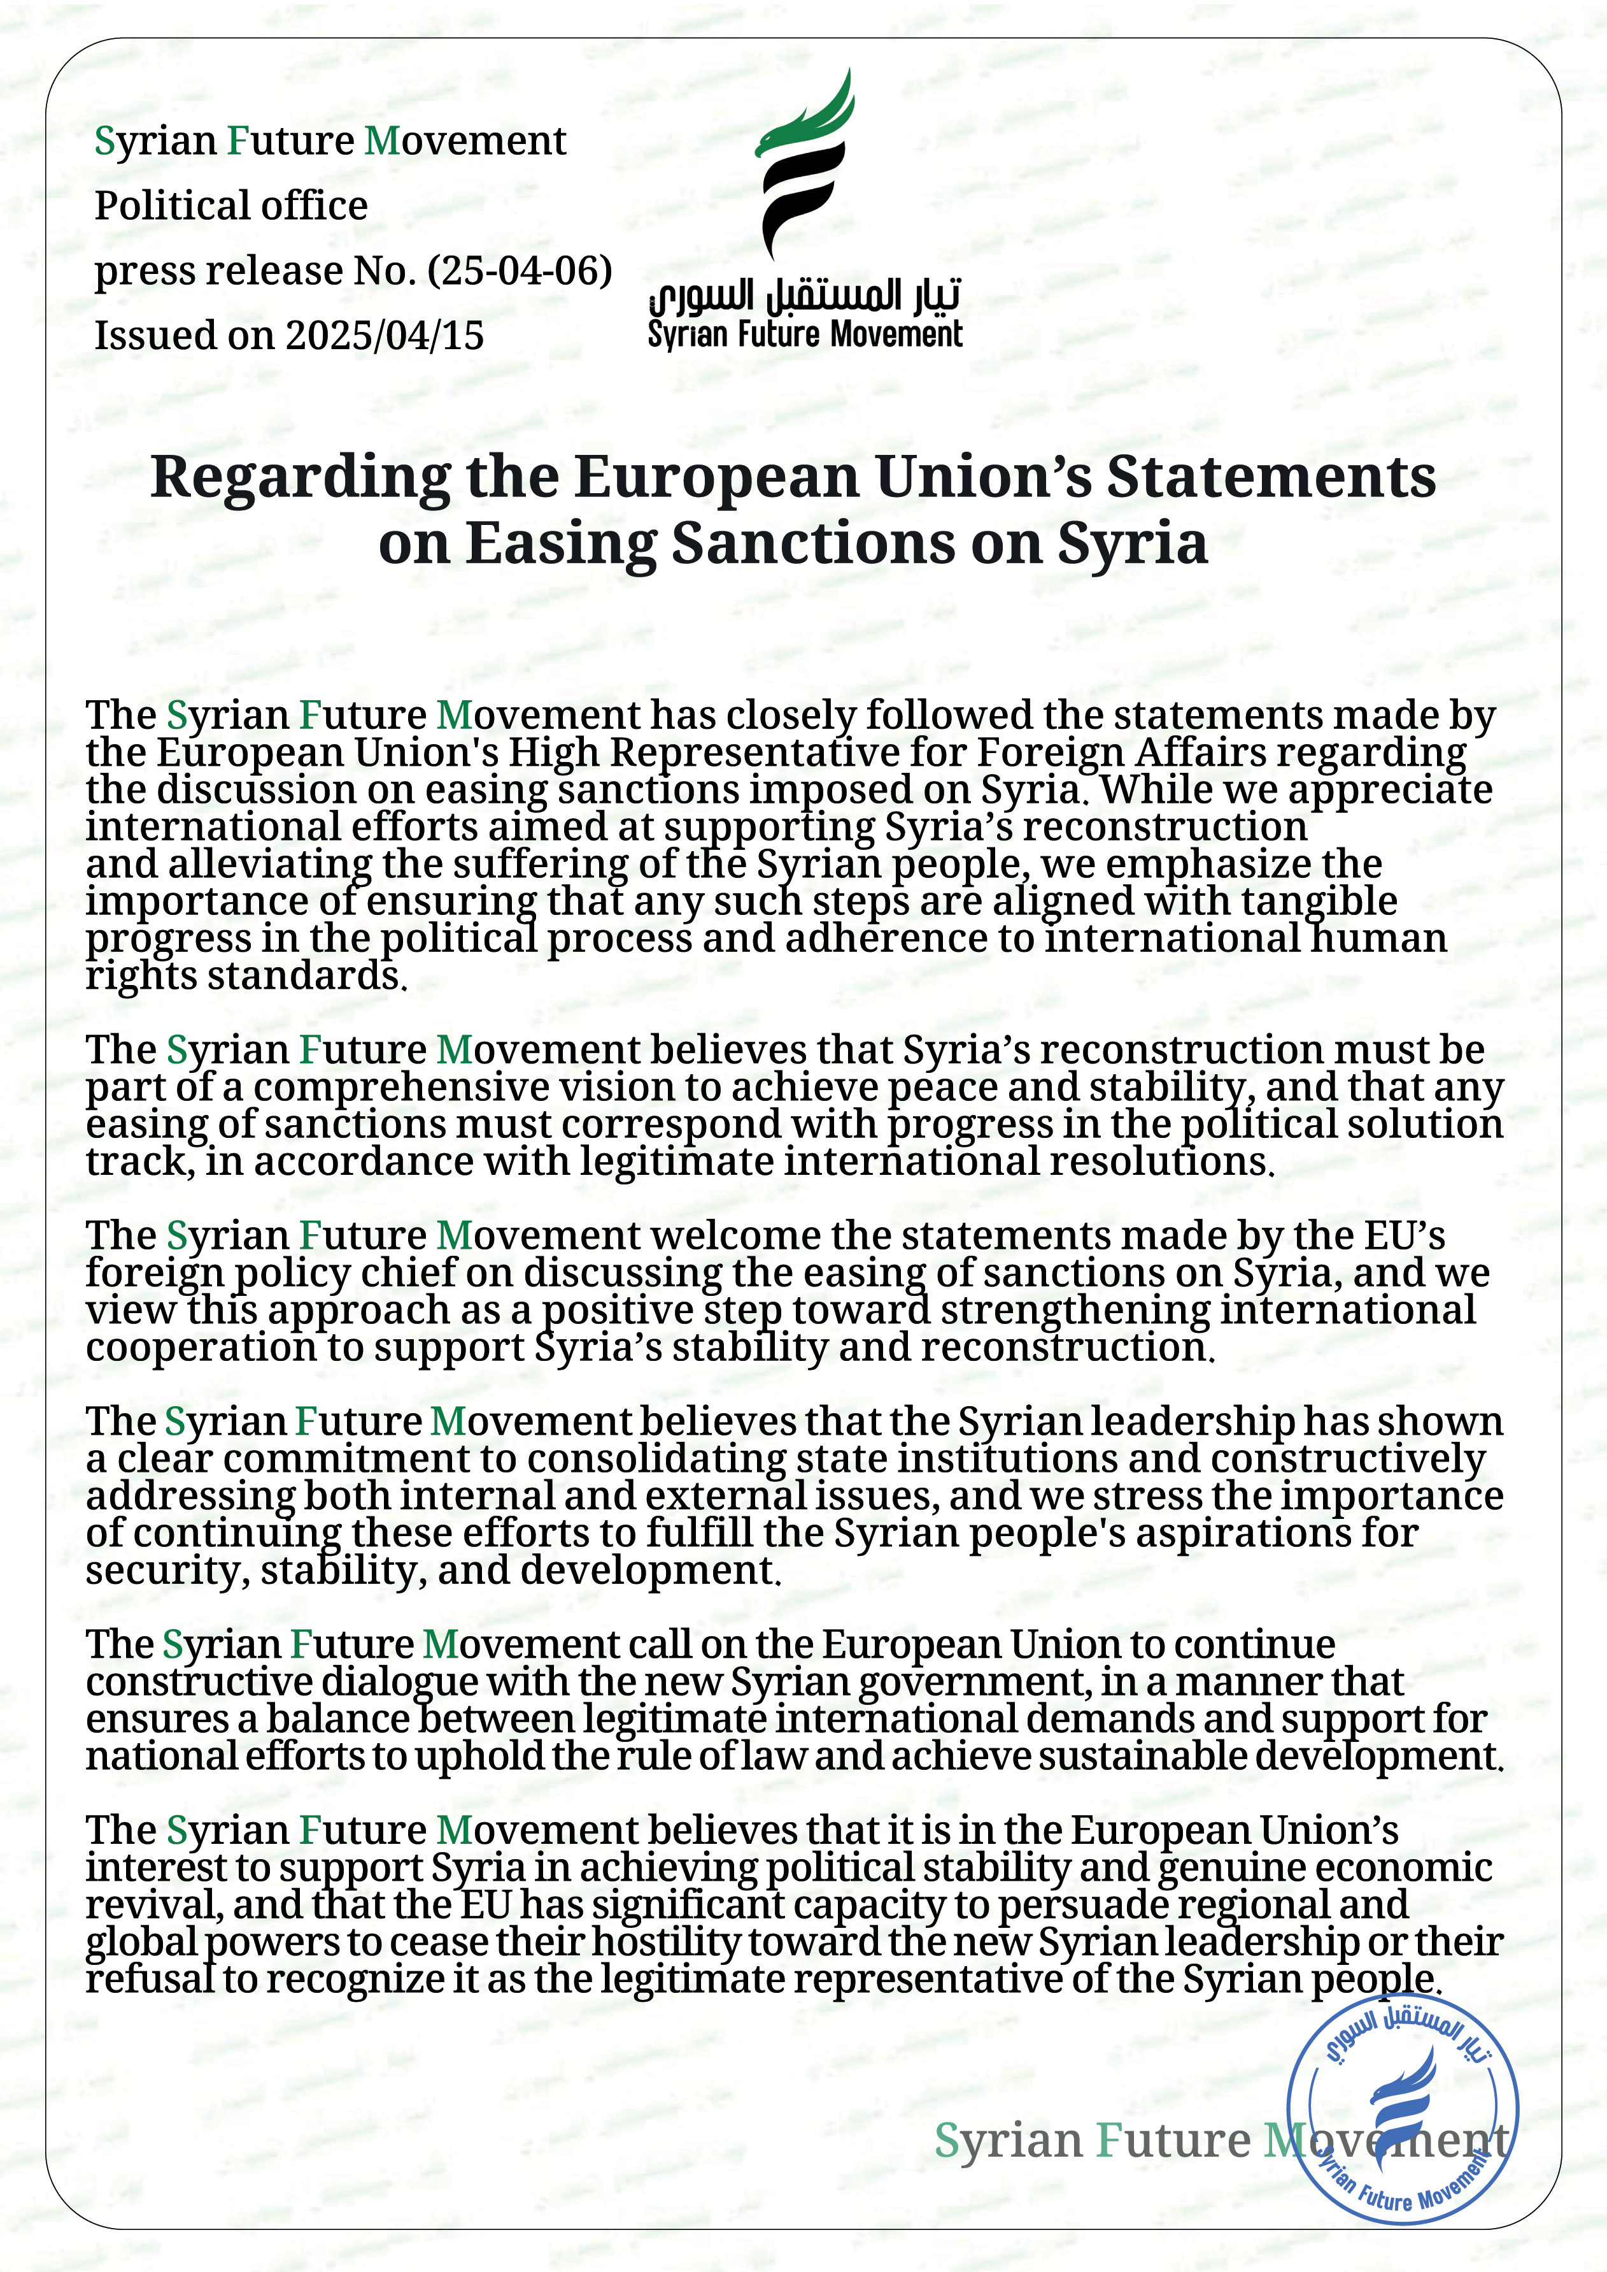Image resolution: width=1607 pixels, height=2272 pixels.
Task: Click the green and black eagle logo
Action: (x=803, y=163)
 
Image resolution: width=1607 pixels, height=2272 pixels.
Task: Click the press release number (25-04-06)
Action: (x=520, y=270)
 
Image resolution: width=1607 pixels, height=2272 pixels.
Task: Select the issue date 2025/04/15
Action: (x=385, y=336)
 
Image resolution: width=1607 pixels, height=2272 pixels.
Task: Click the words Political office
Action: (x=230, y=206)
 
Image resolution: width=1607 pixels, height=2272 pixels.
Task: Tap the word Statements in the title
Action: (x=1271, y=477)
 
